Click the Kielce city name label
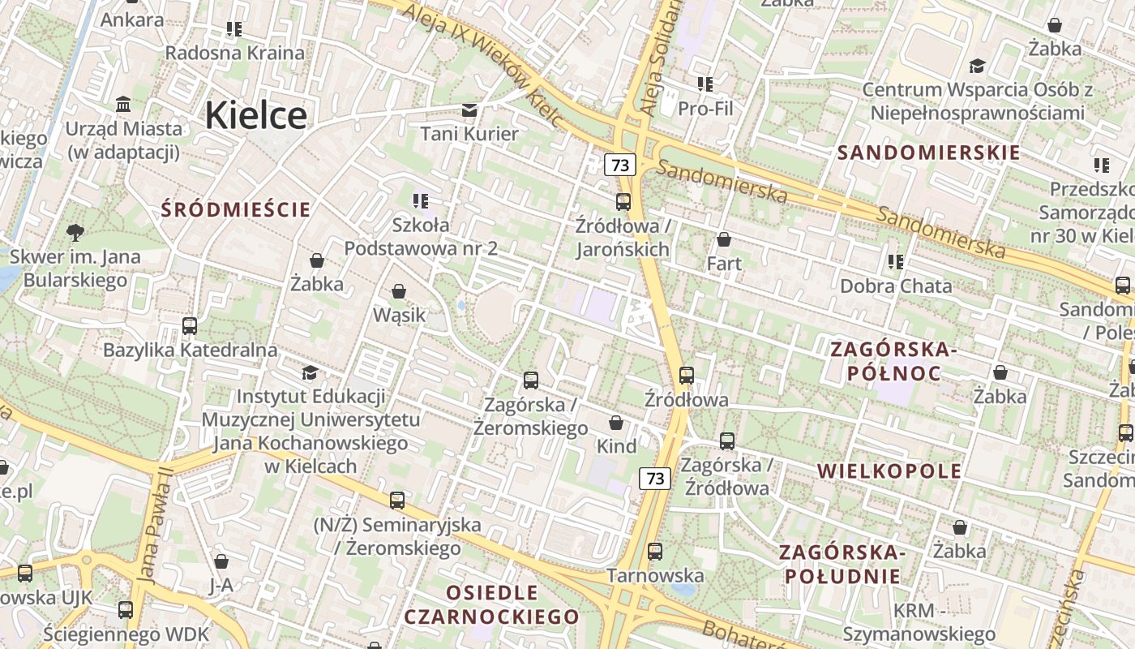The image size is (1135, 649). [x=255, y=115]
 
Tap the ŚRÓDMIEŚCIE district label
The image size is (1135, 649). [x=236, y=210]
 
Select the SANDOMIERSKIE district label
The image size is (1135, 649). [x=928, y=153]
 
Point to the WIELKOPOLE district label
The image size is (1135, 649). [x=889, y=471]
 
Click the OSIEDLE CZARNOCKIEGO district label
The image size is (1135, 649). [x=491, y=604]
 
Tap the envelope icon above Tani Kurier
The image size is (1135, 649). [x=469, y=110]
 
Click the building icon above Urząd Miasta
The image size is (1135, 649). [x=124, y=104]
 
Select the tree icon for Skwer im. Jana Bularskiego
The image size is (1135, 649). [x=75, y=233]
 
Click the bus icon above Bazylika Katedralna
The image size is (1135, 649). [x=190, y=326]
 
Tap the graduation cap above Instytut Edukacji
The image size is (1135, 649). [x=310, y=372]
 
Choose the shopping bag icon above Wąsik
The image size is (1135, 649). [x=399, y=290]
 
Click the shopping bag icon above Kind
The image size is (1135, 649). [x=616, y=423]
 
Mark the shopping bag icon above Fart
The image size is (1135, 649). [x=724, y=239]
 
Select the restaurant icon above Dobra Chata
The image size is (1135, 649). [x=896, y=261]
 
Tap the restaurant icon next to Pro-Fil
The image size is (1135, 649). [x=705, y=84]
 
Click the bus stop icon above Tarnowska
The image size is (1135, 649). [x=655, y=552]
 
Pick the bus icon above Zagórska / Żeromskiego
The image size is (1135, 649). [x=531, y=380]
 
